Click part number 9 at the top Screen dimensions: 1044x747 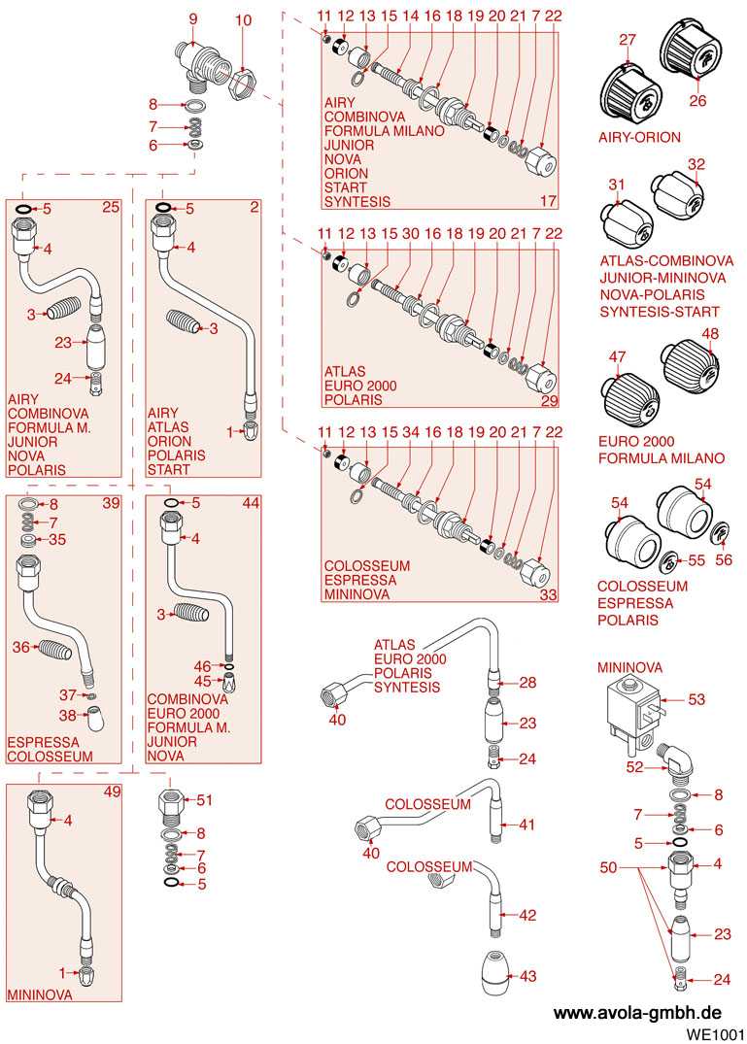tap(192, 18)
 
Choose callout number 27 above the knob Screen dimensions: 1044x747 tap(628, 39)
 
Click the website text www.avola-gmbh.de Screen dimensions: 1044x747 tap(637, 1012)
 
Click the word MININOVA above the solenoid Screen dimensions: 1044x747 tap(629, 668)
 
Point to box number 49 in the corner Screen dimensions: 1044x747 tap(112, 792)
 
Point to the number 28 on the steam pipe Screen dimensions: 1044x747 tap(527, 683)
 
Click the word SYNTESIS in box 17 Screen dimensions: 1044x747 tap(357, 201)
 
